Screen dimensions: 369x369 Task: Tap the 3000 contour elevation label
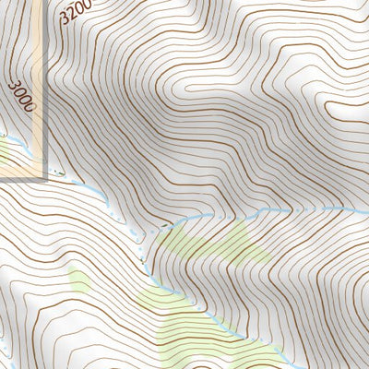[21, 95]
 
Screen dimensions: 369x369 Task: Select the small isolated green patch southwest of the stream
[78, 278]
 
